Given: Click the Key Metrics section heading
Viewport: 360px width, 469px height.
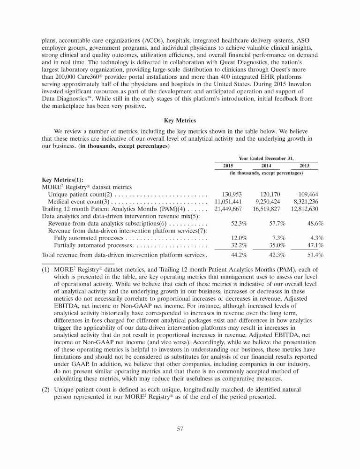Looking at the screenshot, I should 180,120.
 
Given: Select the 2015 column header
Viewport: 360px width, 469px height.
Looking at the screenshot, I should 228,166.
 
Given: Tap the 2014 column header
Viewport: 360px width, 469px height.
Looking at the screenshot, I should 266,166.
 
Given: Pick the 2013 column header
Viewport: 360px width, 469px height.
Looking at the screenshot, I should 304,166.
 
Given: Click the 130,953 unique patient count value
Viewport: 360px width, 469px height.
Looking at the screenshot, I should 231,194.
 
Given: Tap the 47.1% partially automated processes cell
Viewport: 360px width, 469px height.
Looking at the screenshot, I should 314,246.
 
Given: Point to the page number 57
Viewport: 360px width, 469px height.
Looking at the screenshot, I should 180,428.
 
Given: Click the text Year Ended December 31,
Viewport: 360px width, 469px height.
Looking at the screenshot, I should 266,158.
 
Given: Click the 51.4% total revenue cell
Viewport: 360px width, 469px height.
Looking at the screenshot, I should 314,256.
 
